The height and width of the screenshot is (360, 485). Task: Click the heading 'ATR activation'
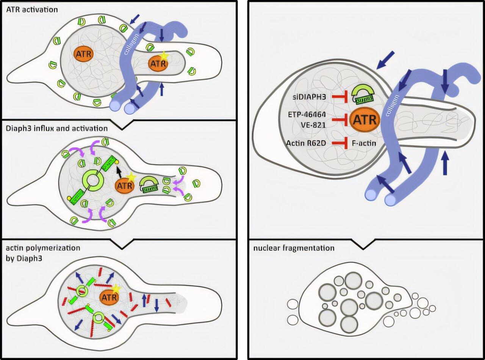(x=32, y=9)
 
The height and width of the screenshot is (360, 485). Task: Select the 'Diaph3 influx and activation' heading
(x=56, y=128)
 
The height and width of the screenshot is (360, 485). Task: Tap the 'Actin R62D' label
(x=307, y=142)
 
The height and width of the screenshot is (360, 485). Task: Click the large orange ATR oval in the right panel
(x=364, y=121)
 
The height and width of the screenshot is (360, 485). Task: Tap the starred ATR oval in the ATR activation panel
(x=158, y=64)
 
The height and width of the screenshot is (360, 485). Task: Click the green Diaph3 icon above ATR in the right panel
(x=364, y=95)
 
